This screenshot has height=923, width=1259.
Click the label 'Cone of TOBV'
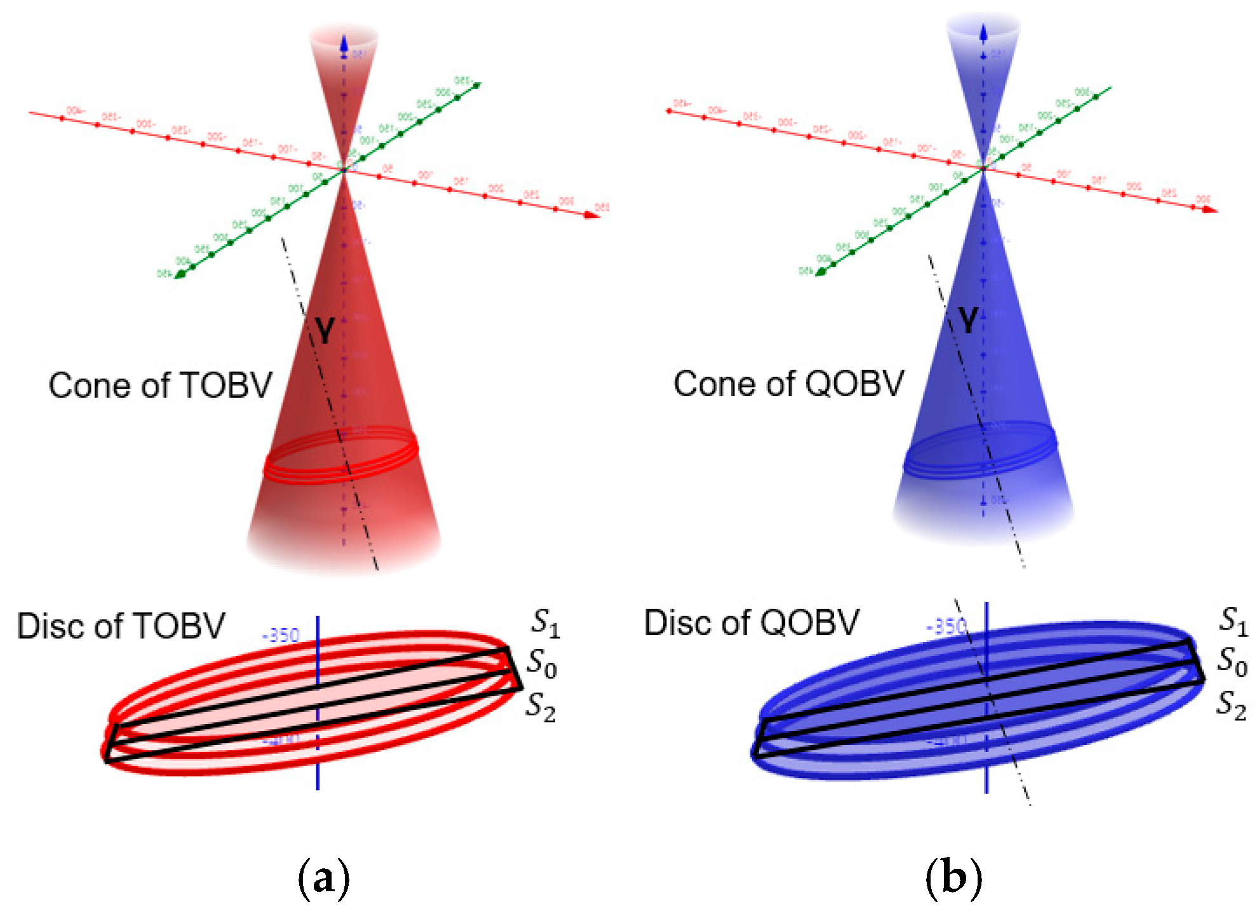coord(160,385)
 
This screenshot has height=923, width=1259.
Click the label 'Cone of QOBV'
coord(788,383)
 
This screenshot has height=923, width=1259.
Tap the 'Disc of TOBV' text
coord(121,626)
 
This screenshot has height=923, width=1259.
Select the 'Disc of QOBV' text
coord(751,622)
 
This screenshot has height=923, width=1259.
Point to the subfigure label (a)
coord(323,879)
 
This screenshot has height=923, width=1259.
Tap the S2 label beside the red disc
coord(541,706)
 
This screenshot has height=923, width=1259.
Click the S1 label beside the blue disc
coord(1232,620)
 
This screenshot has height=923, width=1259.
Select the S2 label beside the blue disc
coord(1231,705)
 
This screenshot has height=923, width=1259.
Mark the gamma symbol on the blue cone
coord(967,321)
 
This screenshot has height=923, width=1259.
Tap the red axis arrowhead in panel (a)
coord(592,215)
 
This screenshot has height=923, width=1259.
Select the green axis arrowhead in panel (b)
coord(821,272)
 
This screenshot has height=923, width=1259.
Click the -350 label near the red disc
coord(280,635)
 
